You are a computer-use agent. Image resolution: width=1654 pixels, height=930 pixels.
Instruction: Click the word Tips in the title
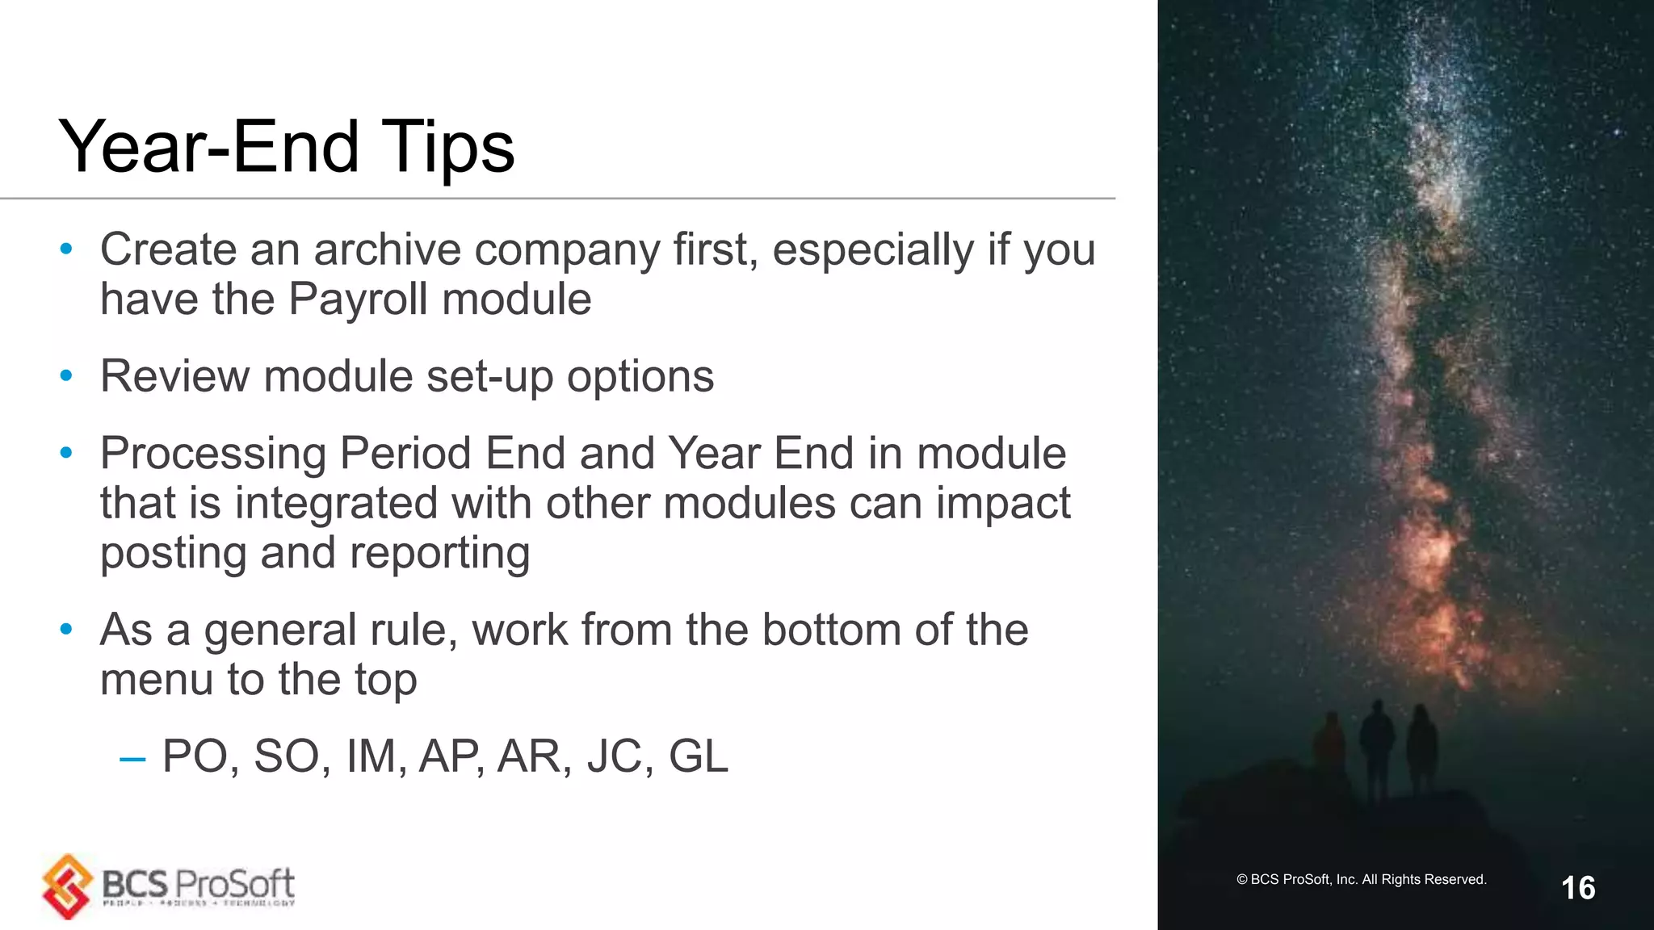[447, 147]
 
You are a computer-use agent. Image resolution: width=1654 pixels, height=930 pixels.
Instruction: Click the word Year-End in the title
[208, 147]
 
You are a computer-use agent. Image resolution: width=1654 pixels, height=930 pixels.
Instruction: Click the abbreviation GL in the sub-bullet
[698, 756]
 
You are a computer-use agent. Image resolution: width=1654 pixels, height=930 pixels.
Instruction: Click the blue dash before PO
[132, 759]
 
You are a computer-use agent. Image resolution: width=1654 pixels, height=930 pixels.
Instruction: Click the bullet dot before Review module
[66, 375]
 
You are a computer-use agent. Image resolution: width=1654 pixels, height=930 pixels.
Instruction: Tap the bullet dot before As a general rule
[66, 629]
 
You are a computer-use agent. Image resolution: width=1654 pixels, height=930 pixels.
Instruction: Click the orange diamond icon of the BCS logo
[68, 886]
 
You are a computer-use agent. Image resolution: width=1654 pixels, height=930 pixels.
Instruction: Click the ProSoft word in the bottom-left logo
[234, 884]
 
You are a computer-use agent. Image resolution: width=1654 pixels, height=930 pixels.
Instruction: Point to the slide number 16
[1577, 888]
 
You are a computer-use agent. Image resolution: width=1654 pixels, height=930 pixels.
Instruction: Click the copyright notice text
[1361, 879]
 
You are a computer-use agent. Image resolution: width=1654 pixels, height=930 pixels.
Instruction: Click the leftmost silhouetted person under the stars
[1329, 743]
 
